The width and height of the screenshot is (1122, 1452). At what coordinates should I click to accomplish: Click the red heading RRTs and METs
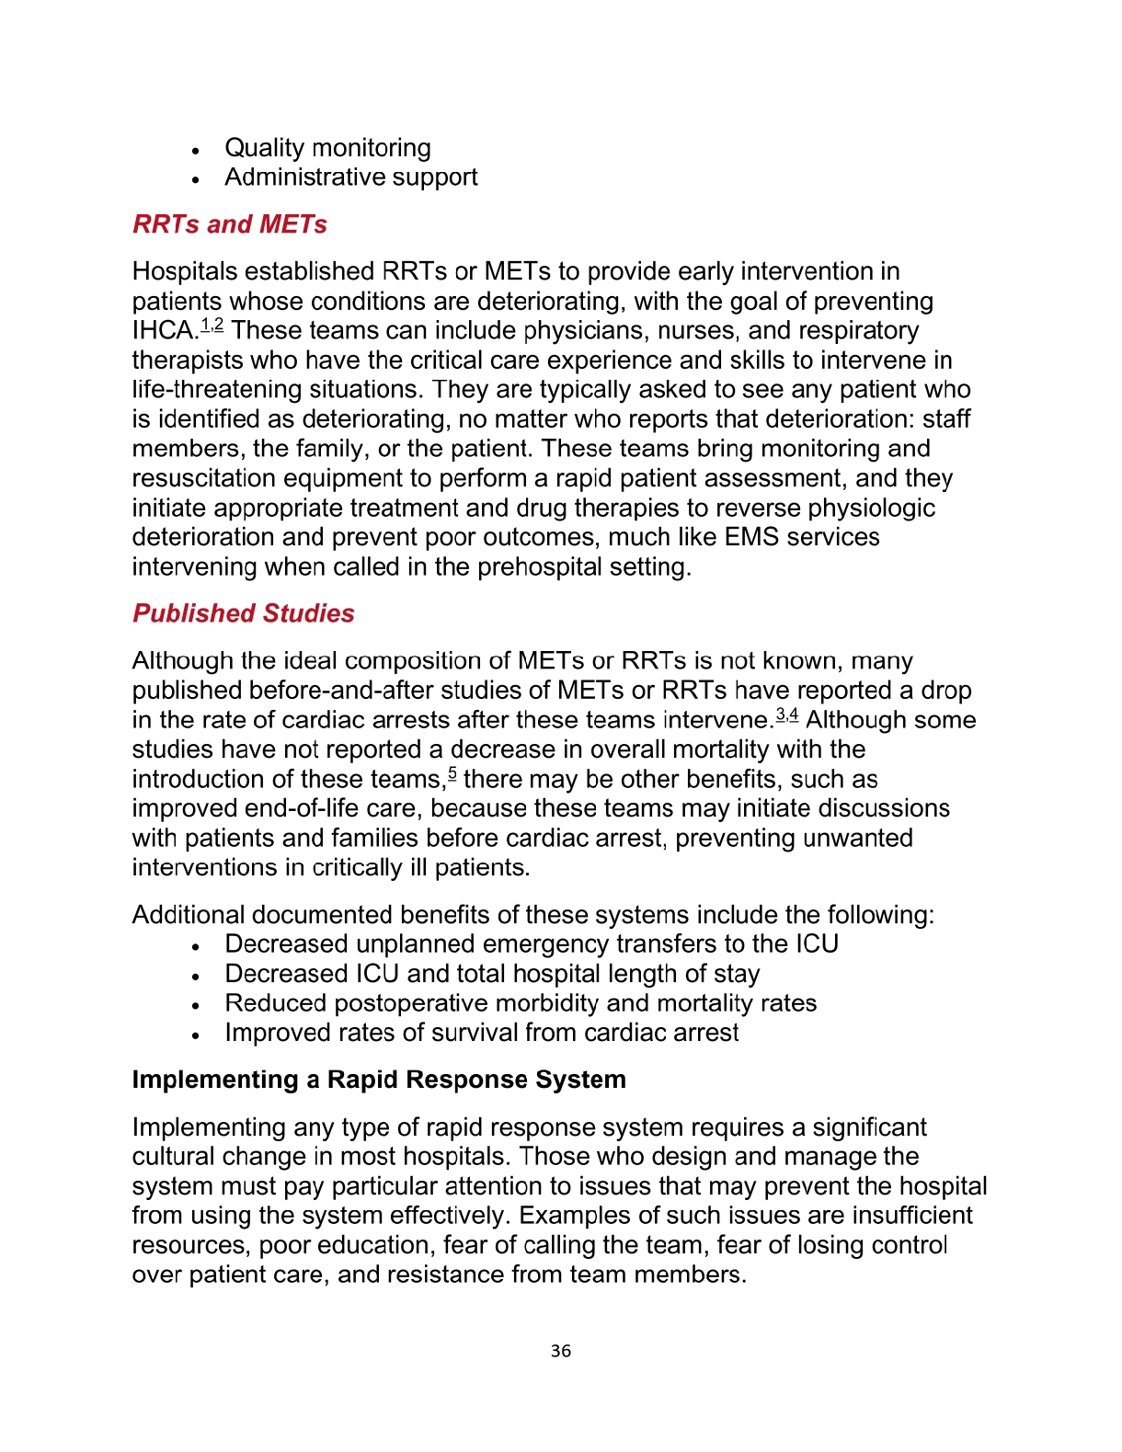pyautogui.click(x=229, y=224)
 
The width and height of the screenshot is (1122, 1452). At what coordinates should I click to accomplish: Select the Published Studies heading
pyautogui.click(x=243, y=613)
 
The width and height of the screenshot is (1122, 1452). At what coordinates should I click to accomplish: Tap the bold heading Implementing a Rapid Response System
pyautogui.click(x=379, y=1080)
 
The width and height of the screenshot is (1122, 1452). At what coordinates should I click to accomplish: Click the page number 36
pyautogui.click(x=561, y=1351)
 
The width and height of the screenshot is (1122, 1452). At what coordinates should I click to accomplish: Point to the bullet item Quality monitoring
pyautogui.click(x=327, y=148)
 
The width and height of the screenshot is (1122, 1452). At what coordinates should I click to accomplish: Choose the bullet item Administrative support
pyautogui.click(x=350, y=177)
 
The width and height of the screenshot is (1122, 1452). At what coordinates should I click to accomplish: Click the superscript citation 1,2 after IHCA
pyautogui.click(x=212, y=326)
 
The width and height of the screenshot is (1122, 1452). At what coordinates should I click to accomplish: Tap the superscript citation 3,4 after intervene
pyautogui.click(x=787, y=715)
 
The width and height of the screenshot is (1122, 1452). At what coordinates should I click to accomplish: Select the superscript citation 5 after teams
pyautogui.click(x=452, y=774)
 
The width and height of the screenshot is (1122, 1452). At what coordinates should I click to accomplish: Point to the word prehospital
pyautogui.click(x=540, y=566)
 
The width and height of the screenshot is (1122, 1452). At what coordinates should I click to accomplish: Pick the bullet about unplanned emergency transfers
pyautogui.click(x=531, y=944)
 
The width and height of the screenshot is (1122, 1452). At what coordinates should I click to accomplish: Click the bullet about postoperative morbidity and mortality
pyautogui.click(x=521, y=1003)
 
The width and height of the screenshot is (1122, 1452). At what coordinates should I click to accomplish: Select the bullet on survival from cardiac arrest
pyautogui.click(x=481, y=1033)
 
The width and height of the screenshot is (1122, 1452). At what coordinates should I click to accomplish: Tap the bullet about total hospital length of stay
pyautogui.click(x=492, y=974)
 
